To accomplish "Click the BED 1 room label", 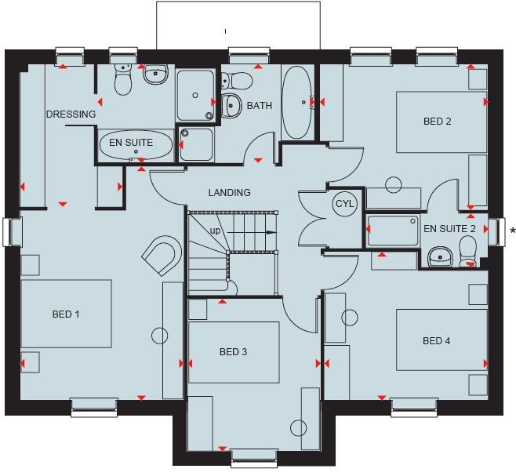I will [66, 314].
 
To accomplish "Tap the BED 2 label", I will [438, 122].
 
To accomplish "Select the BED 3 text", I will [233, 352].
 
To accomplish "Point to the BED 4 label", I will [437, 341].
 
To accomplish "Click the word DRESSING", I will [71, 114].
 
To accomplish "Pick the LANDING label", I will [229, 193].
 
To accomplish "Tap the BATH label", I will [260, 106].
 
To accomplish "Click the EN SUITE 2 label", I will [449, 229].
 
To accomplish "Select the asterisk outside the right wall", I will [512, 231].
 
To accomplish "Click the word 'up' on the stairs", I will [215, 231].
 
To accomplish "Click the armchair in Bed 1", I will [163, 254].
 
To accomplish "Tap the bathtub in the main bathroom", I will [296, 102].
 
